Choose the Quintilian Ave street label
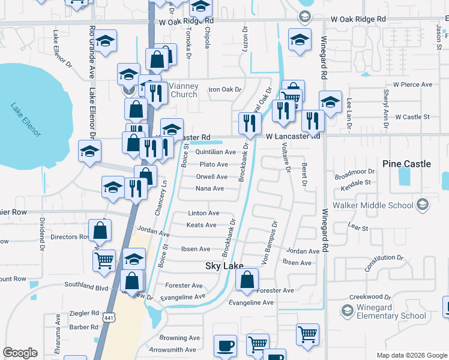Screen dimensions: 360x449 pos(215,152)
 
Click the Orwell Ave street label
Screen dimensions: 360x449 pos(211,177)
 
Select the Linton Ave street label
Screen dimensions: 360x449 pos(203,213)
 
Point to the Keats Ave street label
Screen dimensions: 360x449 pos(201,225)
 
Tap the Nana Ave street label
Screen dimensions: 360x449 pos(209,188)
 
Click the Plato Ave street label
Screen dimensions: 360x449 pos(214,164)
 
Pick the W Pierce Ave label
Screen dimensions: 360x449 pos(412,85)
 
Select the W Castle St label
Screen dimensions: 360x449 pos(412,117)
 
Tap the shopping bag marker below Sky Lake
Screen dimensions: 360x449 pos(247,280)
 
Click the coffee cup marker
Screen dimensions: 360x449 pos(226,346)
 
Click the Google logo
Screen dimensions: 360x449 pos(20,353)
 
